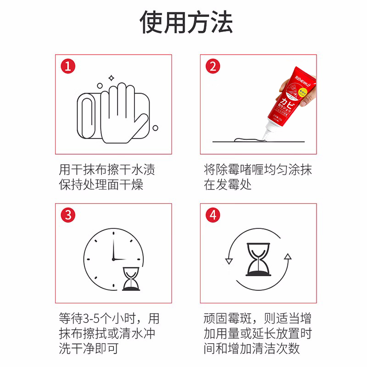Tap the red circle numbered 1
tap(68, 67)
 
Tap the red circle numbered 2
tap(212, 67)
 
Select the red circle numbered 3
tap(68, 215)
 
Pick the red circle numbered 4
tap(212, 215)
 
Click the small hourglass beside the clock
tap(133, 279)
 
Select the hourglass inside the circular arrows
tap(258, 260)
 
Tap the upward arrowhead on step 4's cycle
tap(287, 256)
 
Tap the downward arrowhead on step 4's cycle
tap(228, 261)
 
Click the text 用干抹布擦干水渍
tap(107, 169)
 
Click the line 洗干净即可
tap(89, 348)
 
